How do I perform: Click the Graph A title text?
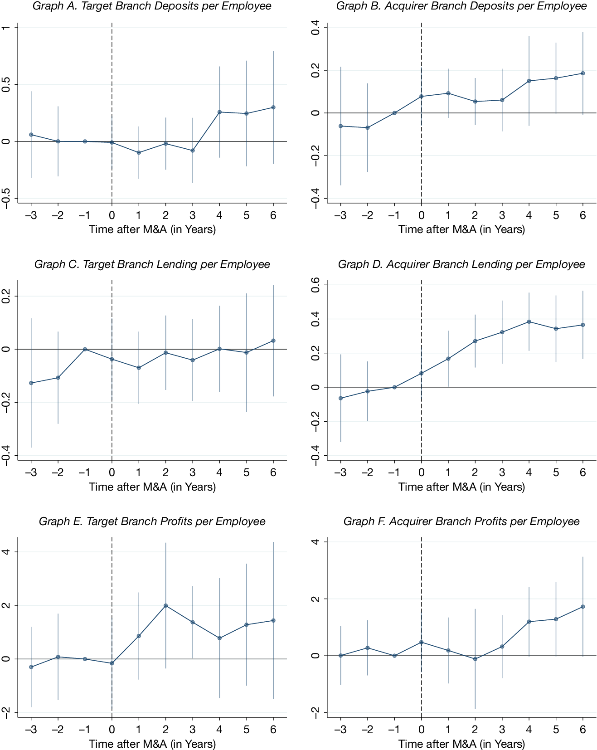(x=152, y=6)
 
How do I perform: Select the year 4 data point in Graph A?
(x=219, y=112)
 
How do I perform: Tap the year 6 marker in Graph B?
(x=583, y=73)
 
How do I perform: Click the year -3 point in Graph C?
(x=31, y=383)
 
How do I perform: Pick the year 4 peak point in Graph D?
(x=529, y=322)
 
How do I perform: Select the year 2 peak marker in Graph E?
(x=166, y=606)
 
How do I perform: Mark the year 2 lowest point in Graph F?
(x=475, y=659)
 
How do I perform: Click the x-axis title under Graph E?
(x=152, y=744)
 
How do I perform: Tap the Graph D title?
(x=461, y=264)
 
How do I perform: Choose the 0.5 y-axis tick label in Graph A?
(x=6, y=84)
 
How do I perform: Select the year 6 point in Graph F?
(x=583, y=607)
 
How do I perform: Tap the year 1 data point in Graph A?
(x=139, y=153)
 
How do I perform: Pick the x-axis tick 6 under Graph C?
(x=273, y=472)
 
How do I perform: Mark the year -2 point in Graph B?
(x=368, y=128)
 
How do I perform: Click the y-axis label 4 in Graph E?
(x=6, y=552)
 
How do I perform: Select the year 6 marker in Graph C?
(x=273, y=341)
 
